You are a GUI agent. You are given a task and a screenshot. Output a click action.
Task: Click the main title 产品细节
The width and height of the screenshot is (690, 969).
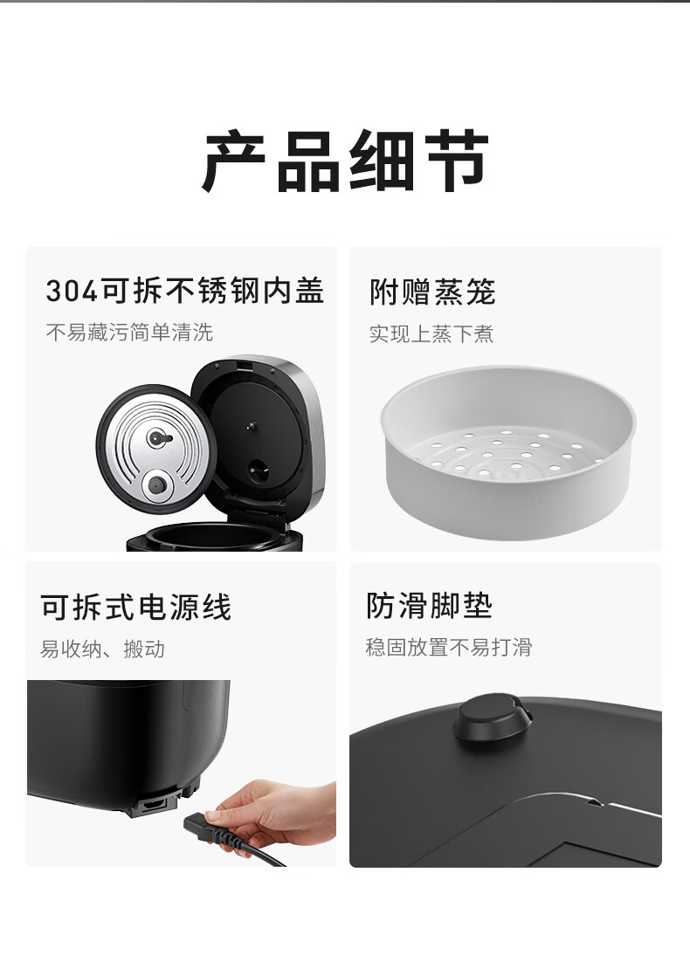(345, 161)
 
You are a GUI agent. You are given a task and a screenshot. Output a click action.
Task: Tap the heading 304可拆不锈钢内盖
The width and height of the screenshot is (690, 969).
(185, 291)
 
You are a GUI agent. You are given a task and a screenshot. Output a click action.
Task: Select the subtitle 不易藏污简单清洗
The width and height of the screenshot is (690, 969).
(129, 333)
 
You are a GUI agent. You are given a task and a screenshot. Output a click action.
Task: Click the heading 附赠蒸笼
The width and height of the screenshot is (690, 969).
(432, 292)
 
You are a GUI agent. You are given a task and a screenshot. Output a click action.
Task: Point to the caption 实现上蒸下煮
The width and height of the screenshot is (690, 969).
(431, 333)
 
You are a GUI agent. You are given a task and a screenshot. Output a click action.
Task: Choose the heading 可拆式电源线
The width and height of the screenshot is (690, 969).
(136, 607)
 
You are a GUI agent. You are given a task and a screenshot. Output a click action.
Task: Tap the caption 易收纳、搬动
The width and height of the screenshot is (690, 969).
(103, 649)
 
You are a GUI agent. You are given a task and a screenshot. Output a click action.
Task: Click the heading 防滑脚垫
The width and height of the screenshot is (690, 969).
(429, 606)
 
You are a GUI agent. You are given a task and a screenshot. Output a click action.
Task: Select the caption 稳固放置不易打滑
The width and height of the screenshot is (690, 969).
(449, 647)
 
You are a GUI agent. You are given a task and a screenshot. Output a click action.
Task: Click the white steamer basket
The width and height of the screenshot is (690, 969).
(508, 453)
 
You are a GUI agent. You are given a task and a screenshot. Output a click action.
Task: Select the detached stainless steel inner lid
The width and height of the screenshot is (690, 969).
(155, 449)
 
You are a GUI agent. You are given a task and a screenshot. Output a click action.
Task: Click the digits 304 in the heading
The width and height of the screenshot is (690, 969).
(72, 291)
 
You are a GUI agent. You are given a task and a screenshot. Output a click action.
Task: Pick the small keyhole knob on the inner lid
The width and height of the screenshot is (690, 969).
(160, 438)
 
